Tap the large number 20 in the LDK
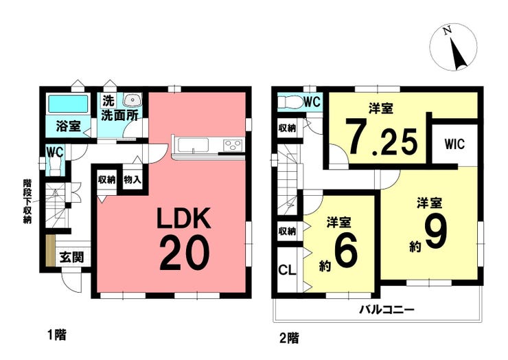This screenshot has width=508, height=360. (185, 254)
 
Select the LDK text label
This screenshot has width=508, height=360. (184, 218)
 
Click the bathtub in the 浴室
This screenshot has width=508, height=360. (68, 104)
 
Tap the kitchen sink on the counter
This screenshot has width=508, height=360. (194, 145)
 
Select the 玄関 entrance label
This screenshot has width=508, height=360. (72, 258)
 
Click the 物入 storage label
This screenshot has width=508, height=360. (132, 179)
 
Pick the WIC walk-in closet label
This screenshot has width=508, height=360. (454, 144)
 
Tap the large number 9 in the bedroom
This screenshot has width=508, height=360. (436, 232)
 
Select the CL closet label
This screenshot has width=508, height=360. (287, 270)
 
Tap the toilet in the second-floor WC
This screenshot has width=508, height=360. (290, 102)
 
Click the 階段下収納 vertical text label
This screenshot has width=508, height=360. (27, 201)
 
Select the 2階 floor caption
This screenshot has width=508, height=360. (289, 338)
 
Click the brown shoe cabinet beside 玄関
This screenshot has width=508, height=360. (51, 250)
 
